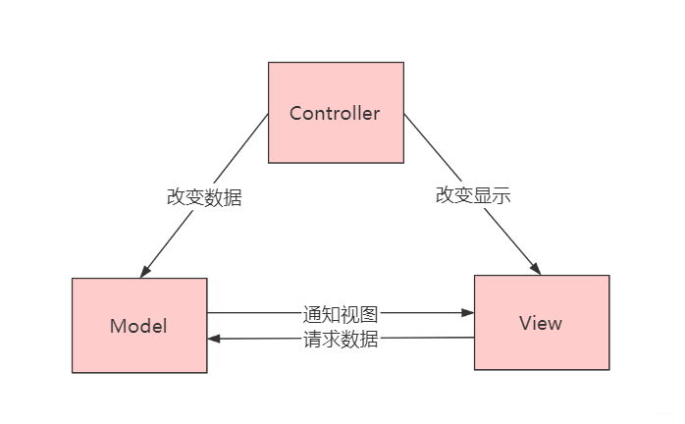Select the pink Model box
pyautogui.click(x=138, y=325)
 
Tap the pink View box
pyautogui.click(x=541, y=322)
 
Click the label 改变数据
pyautogui.click(x=204, y=196)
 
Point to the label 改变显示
pyautogui.click(x=473, y=195)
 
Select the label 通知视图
pyautogui.click(x=341, y=314)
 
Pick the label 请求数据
pyautogui.click(x=341, y=340)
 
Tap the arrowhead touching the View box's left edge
pyautogui.click(x=468, y=314)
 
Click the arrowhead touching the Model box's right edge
pyautogui.click(x=214, y=339)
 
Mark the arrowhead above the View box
pyautogui.click(x=535, y=267)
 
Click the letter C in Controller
pyautogui.click(x=295, y=114)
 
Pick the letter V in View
pyautogui.click(x=526, y=323)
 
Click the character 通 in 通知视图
pyautogui.click(x=312, y=314)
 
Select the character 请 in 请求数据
pyautogui.click(x=312, y=340)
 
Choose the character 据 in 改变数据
pyautogui.click(x=233, y=196)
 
